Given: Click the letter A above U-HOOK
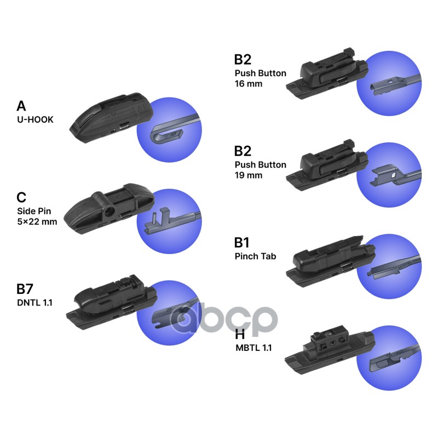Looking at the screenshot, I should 22,106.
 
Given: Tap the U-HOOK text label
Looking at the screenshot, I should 36,119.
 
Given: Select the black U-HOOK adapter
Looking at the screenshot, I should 109,117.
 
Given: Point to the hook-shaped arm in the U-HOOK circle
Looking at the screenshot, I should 164,131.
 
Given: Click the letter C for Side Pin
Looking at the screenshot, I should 22,197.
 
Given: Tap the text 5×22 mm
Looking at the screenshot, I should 37,222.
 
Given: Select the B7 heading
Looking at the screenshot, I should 28,289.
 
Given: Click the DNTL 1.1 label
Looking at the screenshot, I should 34,302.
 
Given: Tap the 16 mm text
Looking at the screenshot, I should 249,84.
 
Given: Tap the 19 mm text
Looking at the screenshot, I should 249,175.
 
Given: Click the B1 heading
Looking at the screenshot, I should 245,242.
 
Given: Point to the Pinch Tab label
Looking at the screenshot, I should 255,256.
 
